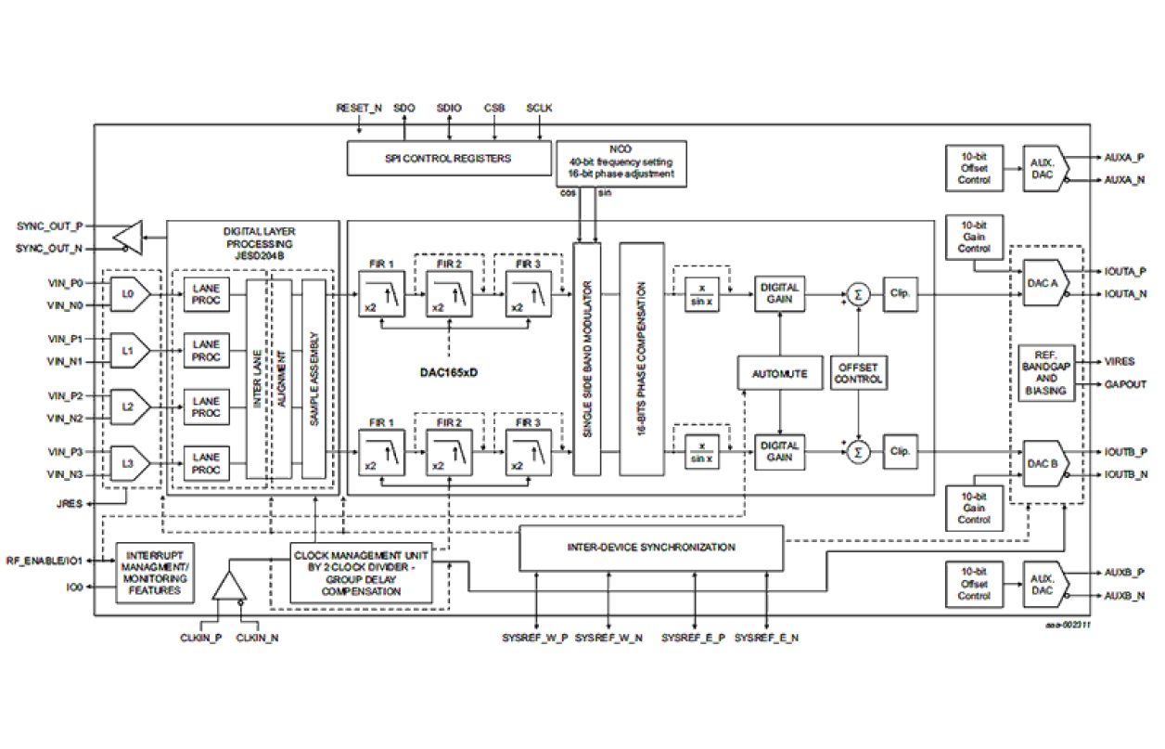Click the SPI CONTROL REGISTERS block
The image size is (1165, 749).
click(x=448, y=159)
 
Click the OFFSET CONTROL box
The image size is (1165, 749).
click(x=859, y=374)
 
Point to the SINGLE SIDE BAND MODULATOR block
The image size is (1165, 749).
click(x=586, y=358)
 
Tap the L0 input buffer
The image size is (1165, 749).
click(x=129, y=292)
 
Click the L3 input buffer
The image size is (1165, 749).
click(x=129, y=463)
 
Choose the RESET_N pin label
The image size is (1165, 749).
click(x=359, y=109)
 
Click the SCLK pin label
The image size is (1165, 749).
click(x=539, y=109)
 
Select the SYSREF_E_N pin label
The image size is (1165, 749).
click(x=766, y=639)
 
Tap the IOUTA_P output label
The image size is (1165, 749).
click(x=1125, y=271)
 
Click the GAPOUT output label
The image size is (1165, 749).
click(x=1125, y=384)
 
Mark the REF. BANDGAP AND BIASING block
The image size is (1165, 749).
click(x=1045, y=372)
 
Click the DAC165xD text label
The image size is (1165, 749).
click(x=449, y=373)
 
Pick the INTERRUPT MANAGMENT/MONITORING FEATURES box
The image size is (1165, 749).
click(x=155, y=572)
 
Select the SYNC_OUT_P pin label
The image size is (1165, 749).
click(x=49, y=226)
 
